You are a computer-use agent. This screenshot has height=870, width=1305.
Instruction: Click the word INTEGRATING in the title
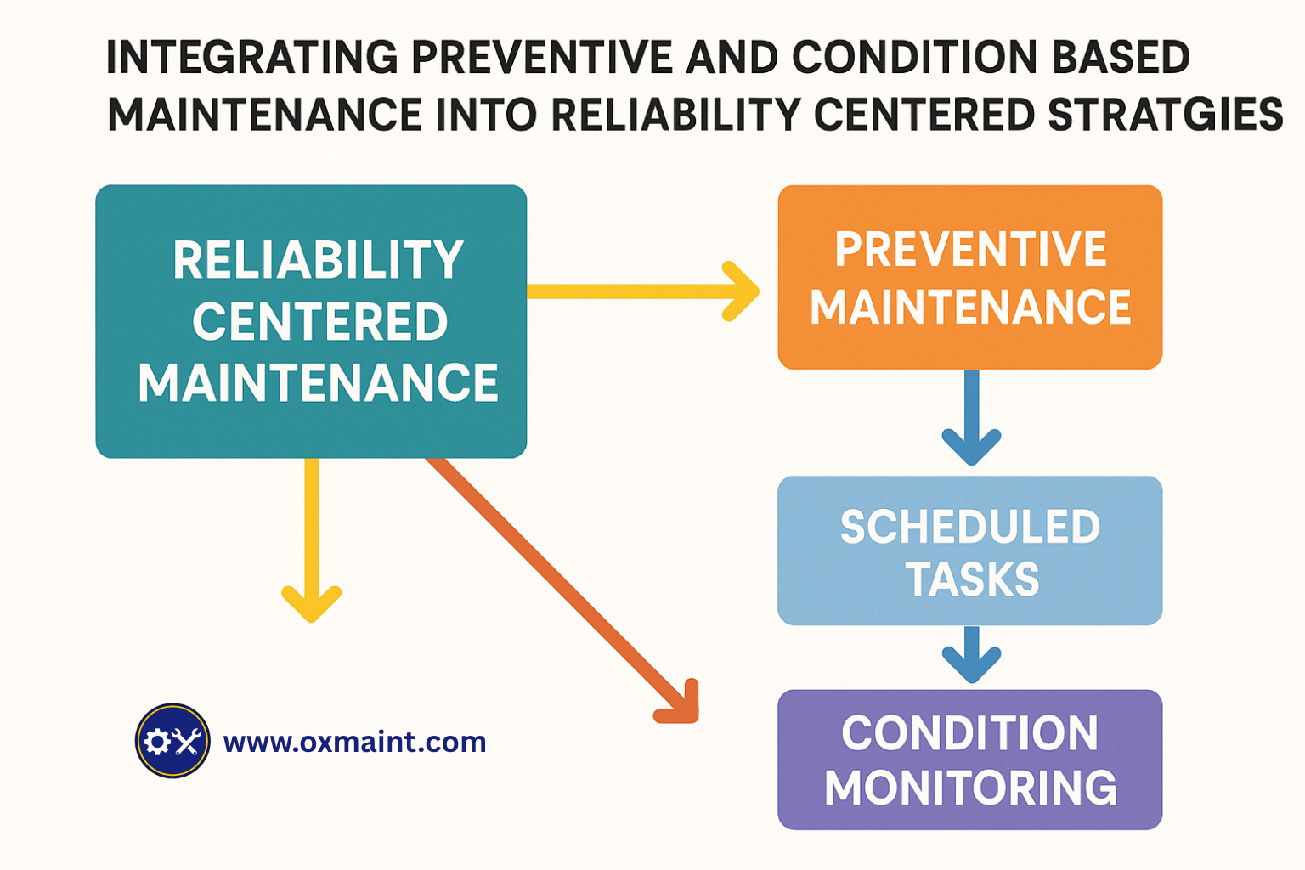(251, 59)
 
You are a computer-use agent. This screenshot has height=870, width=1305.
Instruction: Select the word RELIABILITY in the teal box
(318, 260)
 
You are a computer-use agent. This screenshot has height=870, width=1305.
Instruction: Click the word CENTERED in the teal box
(319, 322)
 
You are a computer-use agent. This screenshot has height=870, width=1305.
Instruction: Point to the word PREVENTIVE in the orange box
(970, 250)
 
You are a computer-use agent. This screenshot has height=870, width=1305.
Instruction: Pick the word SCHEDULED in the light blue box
(970, 527)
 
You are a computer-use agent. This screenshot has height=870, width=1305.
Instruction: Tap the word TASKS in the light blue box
(972, 580)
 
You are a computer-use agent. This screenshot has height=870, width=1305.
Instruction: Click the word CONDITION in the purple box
(970, 733)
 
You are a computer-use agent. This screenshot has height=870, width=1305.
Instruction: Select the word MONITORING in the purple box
(970, 788)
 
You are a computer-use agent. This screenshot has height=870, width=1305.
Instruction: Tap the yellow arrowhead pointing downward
(312, 602)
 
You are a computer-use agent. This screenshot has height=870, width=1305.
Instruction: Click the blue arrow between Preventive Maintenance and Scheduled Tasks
(971, 421)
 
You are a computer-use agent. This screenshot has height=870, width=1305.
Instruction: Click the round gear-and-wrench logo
(172, 741)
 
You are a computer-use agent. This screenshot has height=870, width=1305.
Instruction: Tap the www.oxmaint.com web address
(354, 742)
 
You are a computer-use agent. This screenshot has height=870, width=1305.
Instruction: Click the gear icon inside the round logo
(157, 742)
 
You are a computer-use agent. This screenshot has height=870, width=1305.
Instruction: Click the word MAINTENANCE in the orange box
(970, 308)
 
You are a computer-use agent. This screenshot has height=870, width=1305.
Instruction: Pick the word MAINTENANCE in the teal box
(318, 383)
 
